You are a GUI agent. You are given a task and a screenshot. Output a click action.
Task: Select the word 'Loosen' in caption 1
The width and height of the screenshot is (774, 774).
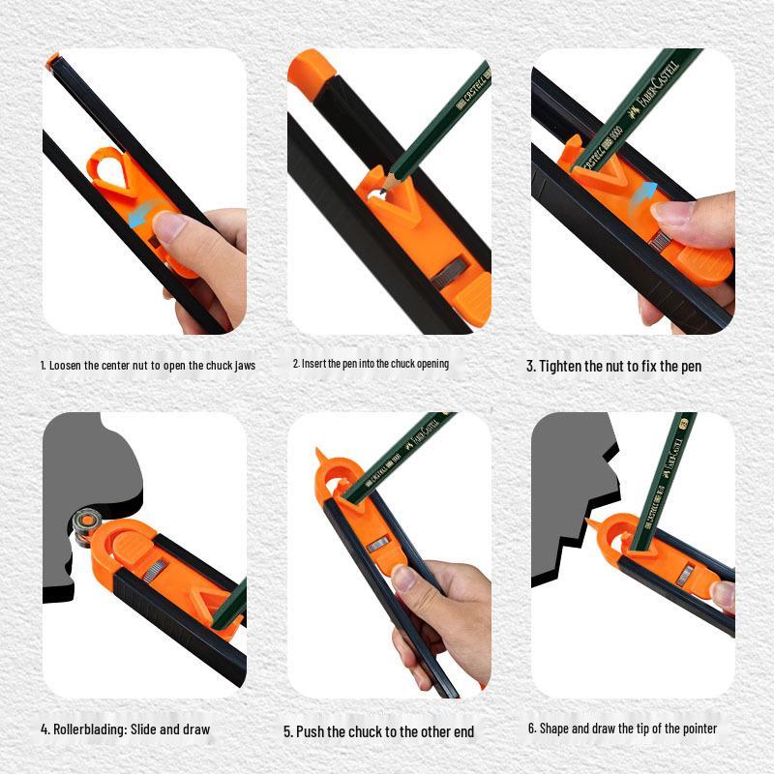(69, 366)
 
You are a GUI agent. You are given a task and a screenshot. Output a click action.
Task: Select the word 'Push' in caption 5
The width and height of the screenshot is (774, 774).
(313, 731)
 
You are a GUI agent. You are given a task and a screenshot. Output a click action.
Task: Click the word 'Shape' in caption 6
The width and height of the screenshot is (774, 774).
(554, 729)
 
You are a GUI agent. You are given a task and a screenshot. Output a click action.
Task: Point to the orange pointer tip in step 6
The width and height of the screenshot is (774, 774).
(589, 523)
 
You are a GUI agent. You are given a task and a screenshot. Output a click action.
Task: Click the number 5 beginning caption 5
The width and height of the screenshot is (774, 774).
(287, 731)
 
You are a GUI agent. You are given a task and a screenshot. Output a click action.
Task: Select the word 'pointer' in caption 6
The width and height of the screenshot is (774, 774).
(697, 729)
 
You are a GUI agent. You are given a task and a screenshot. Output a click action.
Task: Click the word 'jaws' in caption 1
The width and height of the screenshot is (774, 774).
(244, 366)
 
